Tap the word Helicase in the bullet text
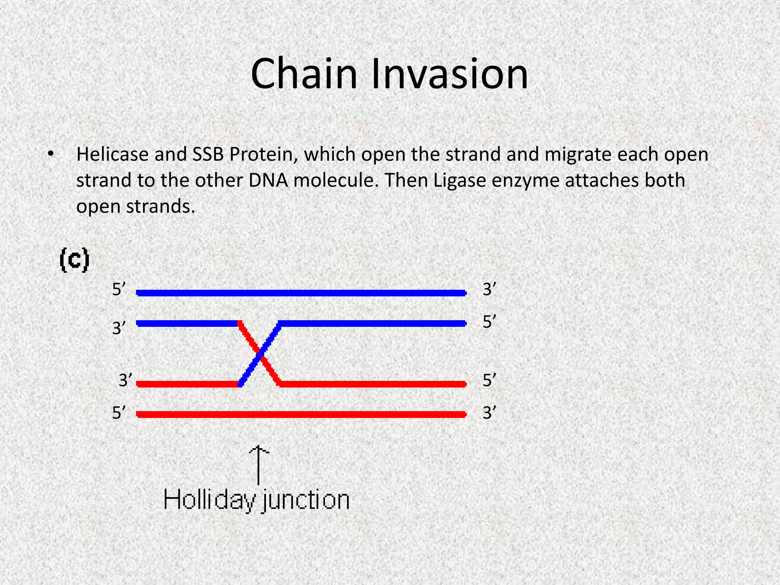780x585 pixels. [112, 155]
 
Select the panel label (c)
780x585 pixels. [75, 260]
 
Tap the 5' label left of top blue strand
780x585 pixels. [119, 290]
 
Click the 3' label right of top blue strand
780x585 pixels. [489, 290]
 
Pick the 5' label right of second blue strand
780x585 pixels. [489, 322]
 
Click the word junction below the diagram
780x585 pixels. [306, 500]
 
